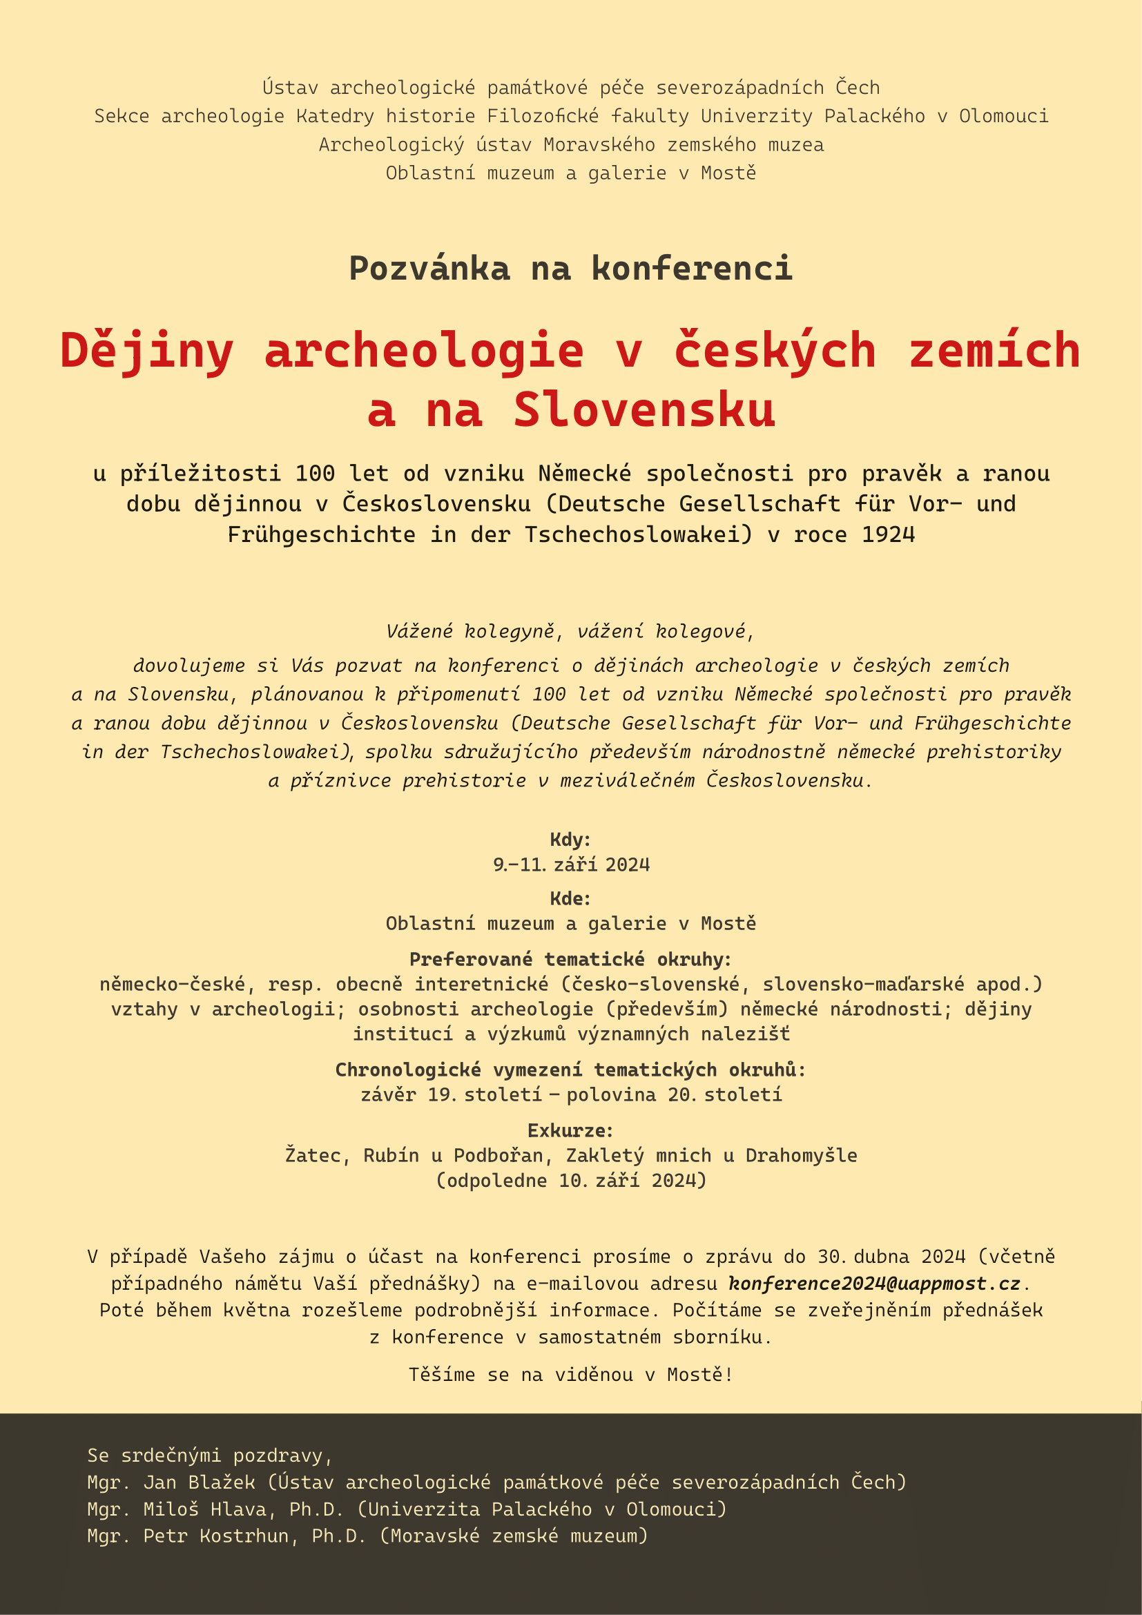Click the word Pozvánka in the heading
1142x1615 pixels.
[429, 269]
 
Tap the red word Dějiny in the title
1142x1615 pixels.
[146, 350]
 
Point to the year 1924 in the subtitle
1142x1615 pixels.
[888, 534]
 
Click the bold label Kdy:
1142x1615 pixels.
[570, 839]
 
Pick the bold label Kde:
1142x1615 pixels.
[570, 898]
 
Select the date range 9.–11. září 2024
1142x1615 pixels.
[571, 864]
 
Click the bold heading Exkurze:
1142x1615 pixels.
[570, 1130]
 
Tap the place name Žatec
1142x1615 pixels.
[311, 1156]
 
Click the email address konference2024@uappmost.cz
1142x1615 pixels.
[874, 1284]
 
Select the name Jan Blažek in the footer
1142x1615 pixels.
[199, 1482]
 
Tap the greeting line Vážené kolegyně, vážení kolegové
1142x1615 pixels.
[570, 632]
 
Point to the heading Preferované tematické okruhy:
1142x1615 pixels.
[570, 960]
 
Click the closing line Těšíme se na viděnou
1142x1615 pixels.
[570, 1375]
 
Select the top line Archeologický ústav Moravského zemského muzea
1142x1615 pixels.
[571, 145]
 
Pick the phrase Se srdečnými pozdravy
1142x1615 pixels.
[210, 1456]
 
